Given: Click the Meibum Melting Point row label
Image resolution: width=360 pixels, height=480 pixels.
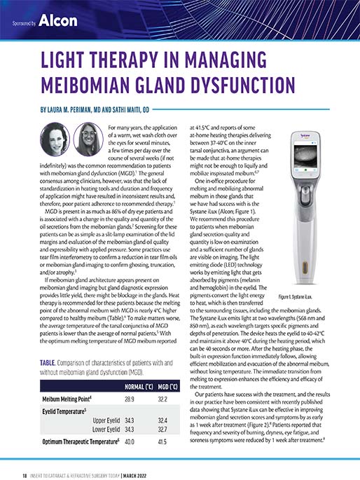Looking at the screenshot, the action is click(x=57, y=399).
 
